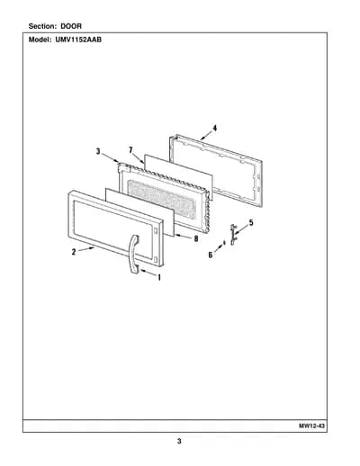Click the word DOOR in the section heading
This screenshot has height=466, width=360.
pyautogui.click(x=71, y=26)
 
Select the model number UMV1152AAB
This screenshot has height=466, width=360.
pyautogui.click(x=78, y=40)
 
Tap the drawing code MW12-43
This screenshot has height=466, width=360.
pyautogui.click(x=312, y=426)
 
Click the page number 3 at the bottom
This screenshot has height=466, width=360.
pyautogui.click(x=179, y=441)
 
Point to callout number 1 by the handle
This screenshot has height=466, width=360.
pyautogui.click(x=159, y=278)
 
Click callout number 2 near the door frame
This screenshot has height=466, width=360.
pyautogui.click(x=74, y=252)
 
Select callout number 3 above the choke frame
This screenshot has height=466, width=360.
pyautogui.click(x=98, y=151)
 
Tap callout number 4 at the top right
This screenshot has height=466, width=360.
pyautogui.click(x=215, y=128)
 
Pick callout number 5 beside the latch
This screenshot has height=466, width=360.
pyautogui.click(x=251, y=223)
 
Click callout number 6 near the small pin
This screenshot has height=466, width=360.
pyautogui.click(x=211, y=255)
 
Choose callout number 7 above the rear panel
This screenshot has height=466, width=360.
pyautogui.click(x=130, y=150)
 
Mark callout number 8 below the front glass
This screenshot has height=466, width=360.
pyautogui.click(x=196, y=238)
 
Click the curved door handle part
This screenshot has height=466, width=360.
pyautogui.click(x=133, y=254)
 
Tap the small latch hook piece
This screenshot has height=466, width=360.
pyautogui.click(x=233, y=234)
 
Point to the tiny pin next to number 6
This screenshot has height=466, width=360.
pyautogui.click(x=224, y=242)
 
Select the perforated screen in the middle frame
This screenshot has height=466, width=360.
pyautogui.click(x=162, y=198)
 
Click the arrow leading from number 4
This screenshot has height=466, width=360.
pyautogui.click(x=207, y=135)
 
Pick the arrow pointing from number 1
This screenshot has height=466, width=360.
pyautogui.click(x=148, y=273)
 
